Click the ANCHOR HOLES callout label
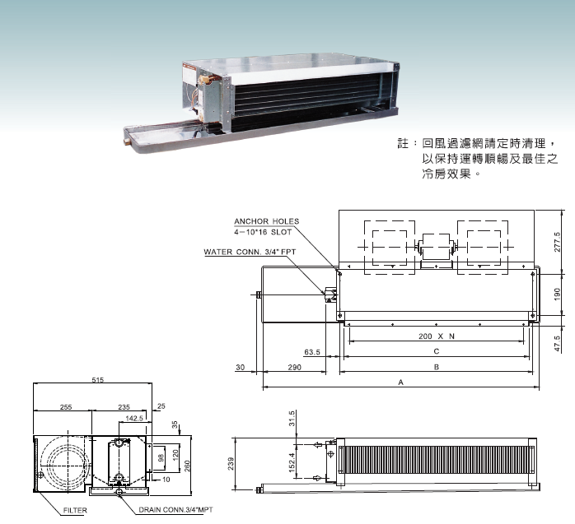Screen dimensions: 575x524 (267, 221)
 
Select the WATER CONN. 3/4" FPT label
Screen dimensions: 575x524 (250, 252)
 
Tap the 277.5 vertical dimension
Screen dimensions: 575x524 (558, 242)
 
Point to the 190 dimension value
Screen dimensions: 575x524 (558, 294)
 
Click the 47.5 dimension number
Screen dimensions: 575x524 (558, 344)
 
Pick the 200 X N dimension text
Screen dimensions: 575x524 (437, 336)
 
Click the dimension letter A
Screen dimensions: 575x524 (401, 383)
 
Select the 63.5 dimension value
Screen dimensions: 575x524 (312, 352)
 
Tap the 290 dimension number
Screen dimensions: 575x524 (294, 367)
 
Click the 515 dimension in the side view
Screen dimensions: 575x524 (97, 380)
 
